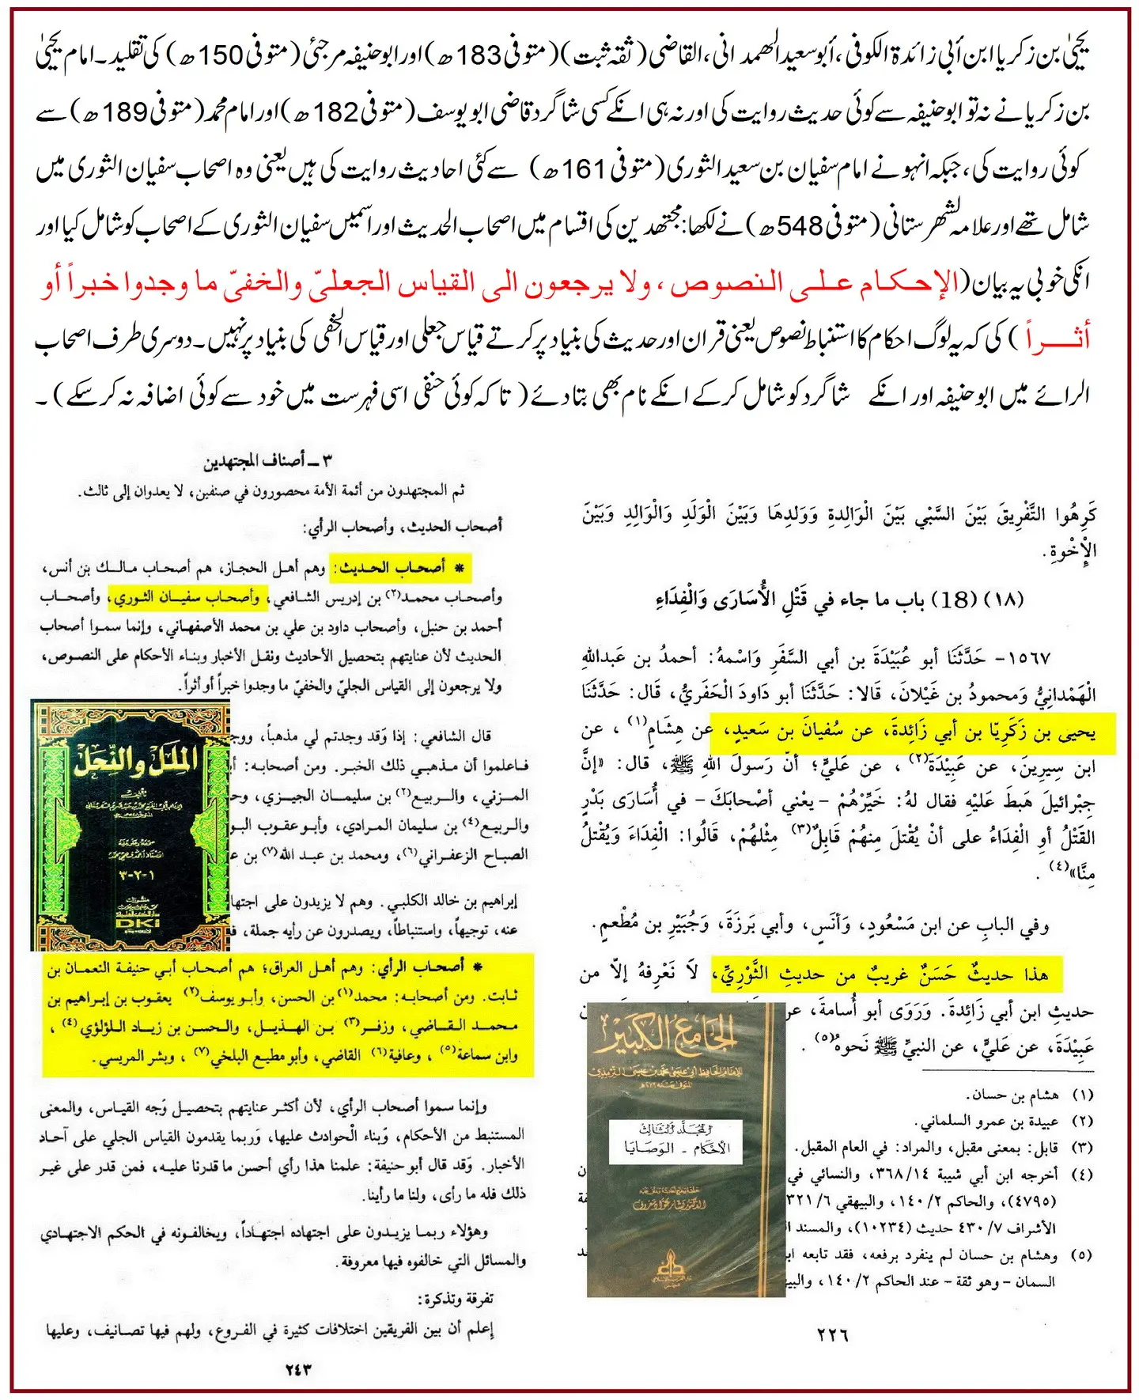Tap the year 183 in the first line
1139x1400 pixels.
click(x=479, y=56)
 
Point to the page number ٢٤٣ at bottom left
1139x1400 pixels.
click(x=298, y=1369)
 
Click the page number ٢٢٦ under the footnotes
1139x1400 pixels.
click(x=832, y=1335)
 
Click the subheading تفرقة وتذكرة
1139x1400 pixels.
click(x=456, y=1299)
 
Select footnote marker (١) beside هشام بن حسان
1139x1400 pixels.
click(x=1082, y=1095)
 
